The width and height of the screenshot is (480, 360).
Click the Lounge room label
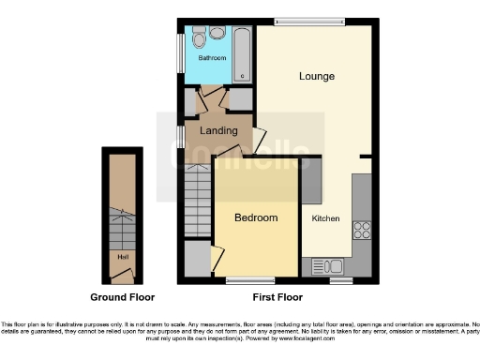(x=317, y=76)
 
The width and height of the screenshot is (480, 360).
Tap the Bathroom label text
(x=212, y=57)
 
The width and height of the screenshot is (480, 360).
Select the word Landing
(x=218, y=130)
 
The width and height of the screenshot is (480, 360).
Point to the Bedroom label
(x=256, y=217)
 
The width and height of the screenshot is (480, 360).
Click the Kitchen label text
(x=324, y=217)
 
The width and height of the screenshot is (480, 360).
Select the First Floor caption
(x=278, y=297)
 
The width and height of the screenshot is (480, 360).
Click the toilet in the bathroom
(x=199, y=38)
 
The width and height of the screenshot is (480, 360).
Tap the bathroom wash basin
(x=217, y=34)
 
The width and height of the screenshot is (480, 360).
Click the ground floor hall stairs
(x=122, y=225)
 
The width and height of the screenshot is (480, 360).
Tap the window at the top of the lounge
(x=309, y=21)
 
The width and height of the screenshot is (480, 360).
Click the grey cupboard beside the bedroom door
(x=197, y=260)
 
